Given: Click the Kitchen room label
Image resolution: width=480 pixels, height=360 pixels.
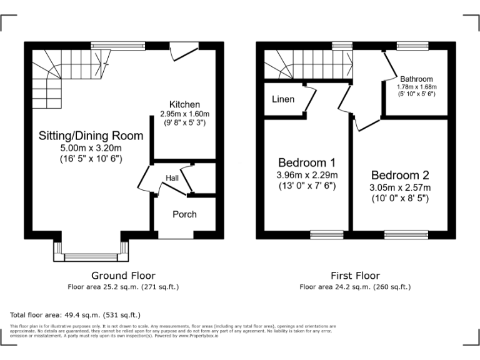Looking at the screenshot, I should point(184,104).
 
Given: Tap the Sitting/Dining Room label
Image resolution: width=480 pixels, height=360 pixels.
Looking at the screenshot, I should point(91,136).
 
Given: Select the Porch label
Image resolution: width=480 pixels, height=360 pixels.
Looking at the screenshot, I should point(184,214).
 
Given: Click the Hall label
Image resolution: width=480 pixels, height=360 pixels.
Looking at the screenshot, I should point(172,179).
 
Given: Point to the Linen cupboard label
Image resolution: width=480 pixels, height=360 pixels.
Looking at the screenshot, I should point(283,99).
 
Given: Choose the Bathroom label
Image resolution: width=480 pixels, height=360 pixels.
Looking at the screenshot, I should point(416,79).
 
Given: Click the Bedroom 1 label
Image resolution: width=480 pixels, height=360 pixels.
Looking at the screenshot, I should point(307,161).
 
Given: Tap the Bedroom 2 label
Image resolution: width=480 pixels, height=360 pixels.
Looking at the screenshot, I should point(400,174).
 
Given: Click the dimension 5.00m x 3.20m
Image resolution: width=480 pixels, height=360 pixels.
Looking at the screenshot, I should point(91,148).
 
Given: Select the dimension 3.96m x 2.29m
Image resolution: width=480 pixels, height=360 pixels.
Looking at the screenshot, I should point(307,174).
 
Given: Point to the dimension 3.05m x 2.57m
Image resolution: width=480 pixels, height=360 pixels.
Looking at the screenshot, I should point(400,187).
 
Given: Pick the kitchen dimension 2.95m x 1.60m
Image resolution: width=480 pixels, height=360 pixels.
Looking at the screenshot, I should point(184,114).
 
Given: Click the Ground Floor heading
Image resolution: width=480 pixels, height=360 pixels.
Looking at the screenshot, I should point(123,276).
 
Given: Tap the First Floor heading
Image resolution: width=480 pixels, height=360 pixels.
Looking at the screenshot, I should point(354,276).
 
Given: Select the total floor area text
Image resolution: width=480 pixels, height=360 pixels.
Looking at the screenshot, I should point(76,315).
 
